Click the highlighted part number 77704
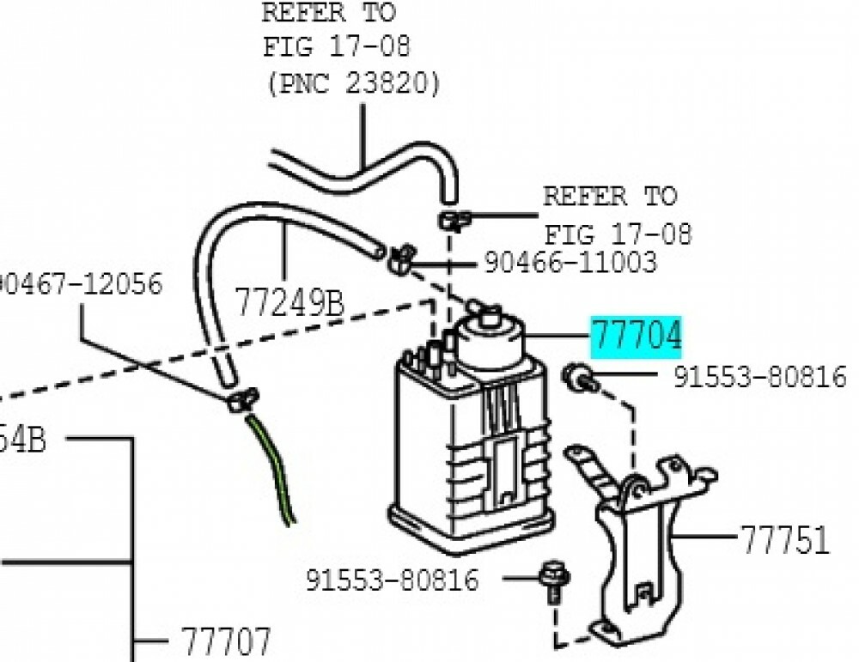[x=636, y=336]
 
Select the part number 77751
[x=784, y=541]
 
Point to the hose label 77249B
[x=289, y=303]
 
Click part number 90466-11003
[x=570, y=262]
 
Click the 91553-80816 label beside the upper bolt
[x=758, y=377]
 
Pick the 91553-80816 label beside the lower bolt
[x=393, y=580]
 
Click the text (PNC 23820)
[x=351, y=84]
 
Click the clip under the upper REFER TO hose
[x=453, y=220]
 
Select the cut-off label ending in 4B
[x=21, y=441]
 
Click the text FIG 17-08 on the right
[x=618, y=234]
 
